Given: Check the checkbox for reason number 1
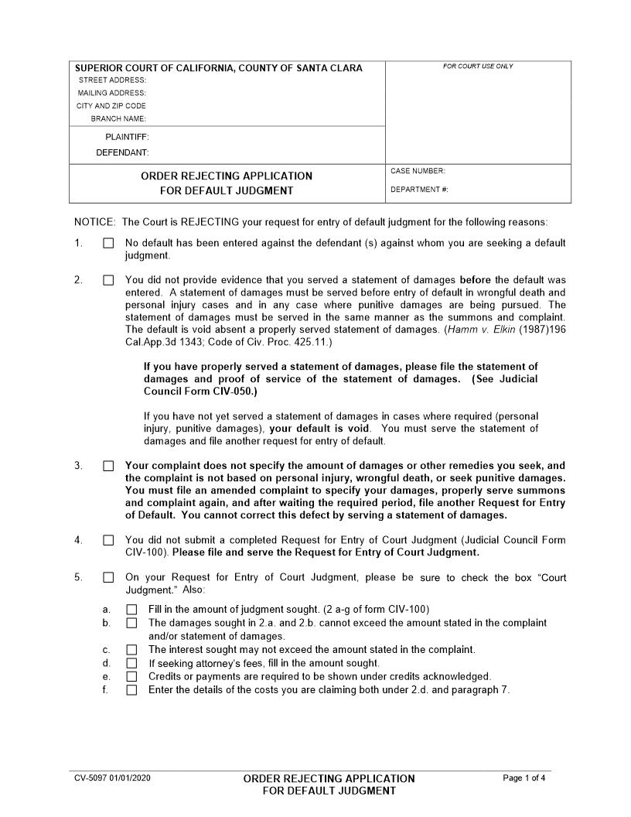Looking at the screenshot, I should [108, 243].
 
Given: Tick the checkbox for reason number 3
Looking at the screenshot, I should [108, 466].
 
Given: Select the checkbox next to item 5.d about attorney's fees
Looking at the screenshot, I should [131, 663].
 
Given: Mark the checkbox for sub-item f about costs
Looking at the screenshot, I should [131, 689].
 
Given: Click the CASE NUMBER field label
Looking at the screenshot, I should [418, 171].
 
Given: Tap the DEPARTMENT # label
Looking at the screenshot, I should [419, 190].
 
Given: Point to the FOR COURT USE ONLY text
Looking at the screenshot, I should [478, 67].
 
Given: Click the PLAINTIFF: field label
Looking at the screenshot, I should [127, 137].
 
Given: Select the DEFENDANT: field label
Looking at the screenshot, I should [122, 152].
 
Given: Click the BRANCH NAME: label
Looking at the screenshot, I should [118, 118].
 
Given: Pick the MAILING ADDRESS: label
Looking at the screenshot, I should [111, 93].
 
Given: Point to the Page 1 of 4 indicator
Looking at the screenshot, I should [524, 778].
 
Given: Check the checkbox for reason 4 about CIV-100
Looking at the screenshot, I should [108, 540].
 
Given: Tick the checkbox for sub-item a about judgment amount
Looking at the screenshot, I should [131, 610].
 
